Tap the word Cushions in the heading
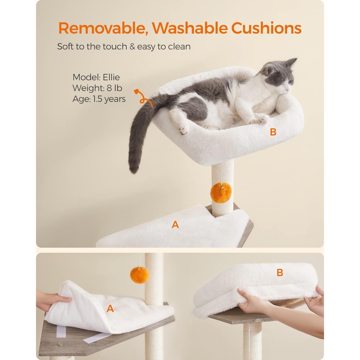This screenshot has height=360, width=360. pos(266,28)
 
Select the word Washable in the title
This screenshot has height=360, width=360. pos(189,28)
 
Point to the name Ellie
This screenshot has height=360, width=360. pos(111,77)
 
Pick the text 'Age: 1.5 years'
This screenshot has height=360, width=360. pos(99,99)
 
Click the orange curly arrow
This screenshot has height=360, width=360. pos(143,98)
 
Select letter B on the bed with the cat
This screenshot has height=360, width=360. pos(273,132)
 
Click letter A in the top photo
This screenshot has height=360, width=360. pos(175,224)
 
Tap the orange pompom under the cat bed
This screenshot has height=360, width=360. pos(221,193)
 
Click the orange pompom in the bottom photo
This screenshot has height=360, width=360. pos(139,275)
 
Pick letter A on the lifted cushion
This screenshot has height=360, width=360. pos(110,309)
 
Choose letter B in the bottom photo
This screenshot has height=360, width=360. pos(280,273)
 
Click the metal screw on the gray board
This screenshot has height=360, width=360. pos(60,344)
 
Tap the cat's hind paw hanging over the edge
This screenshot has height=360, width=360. pos(184,129)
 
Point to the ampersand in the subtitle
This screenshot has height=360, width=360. pos(132,46)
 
